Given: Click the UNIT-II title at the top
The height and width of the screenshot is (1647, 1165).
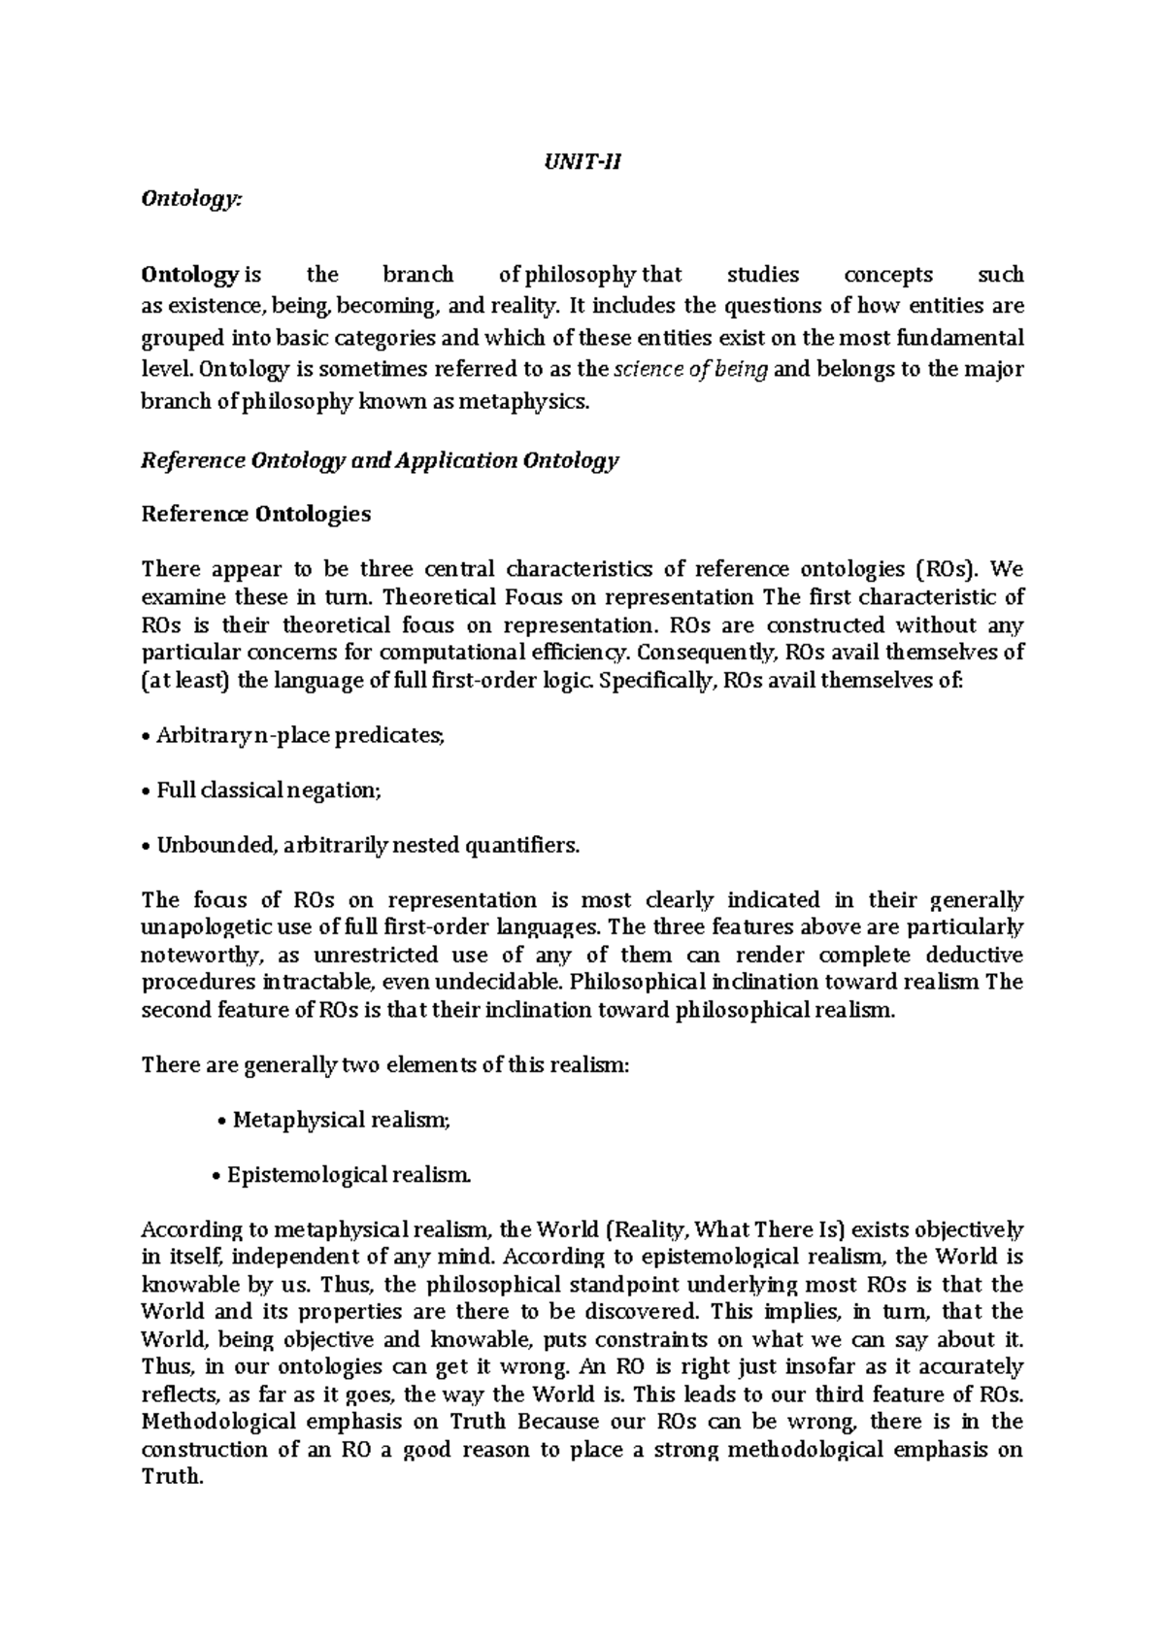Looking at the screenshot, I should click(x=582, y=162).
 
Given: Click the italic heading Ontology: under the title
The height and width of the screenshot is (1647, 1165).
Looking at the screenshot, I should click(x=188, y=198).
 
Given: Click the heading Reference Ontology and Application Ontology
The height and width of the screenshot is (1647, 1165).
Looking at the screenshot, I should click(x=380, y=459).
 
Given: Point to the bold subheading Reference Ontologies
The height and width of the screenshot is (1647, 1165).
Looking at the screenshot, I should click(x=256, y=514).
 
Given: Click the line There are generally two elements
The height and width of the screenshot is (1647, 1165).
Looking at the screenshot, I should click(x=385, y=1064).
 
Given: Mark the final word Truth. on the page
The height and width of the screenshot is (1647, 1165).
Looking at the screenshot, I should click(x=172, y=1477).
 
